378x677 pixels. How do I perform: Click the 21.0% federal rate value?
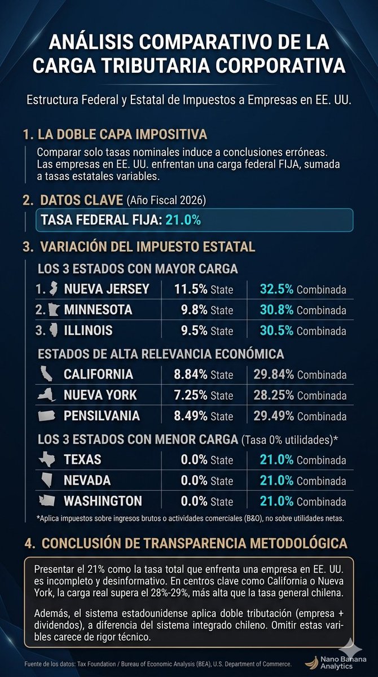[183, 219]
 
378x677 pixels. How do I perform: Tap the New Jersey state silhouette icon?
[53, 289]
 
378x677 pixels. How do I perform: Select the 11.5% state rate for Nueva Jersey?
[191, 289]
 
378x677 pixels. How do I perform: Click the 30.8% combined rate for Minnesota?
[276, 310]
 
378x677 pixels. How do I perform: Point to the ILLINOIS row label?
[88, 331]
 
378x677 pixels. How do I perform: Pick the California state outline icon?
[46, 373]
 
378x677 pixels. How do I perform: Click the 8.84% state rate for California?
[190, 374]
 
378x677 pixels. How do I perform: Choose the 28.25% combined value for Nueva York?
[274, 395]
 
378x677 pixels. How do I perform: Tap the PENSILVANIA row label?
[102, 416]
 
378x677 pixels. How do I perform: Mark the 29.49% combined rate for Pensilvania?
[274, 416]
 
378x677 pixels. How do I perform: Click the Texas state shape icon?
[47, 459]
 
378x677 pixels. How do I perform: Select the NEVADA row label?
[87, 480]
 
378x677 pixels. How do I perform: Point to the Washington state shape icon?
[47, 500]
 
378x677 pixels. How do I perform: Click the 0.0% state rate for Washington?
[194, 501]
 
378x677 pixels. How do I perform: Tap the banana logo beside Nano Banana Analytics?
[312, 662]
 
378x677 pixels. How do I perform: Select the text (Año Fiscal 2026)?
[166, 200]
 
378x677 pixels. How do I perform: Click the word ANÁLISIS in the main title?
[91, 42]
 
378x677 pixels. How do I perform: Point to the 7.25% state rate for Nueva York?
[190, 395]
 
